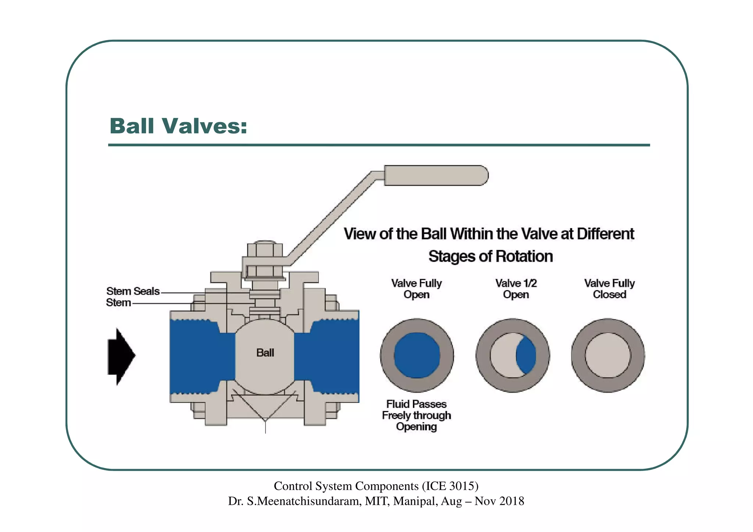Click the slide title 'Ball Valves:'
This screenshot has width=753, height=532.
178,126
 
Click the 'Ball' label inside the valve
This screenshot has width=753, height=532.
265,353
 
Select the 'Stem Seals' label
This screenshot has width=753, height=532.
133,291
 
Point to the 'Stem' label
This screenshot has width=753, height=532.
118,303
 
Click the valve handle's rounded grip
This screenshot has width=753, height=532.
436,175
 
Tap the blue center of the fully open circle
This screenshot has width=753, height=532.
417,355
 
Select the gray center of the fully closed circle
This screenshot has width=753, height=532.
607,355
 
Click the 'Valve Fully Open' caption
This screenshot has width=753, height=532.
416,289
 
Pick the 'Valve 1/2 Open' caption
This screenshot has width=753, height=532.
516,289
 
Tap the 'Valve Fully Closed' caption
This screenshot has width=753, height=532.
609,289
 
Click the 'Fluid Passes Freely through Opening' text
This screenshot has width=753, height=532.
416,415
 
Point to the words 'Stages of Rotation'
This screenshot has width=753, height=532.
490,256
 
